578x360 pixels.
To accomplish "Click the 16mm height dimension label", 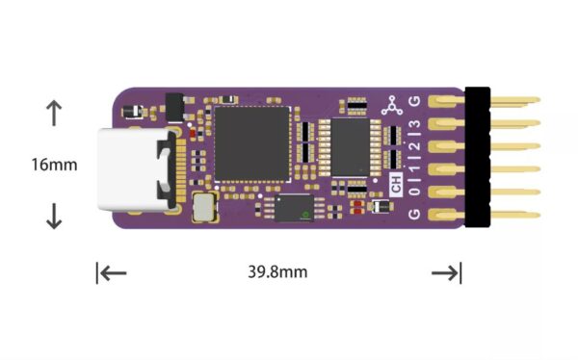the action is click(x=54, y=164).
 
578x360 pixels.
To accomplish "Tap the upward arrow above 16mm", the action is click(x=54, y=114).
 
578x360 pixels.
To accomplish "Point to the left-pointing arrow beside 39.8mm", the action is click(x=113, y=272).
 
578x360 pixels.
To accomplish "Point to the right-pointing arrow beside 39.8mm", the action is click(x=445, y=273).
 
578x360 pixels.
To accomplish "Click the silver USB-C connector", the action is click(x=135, y=170).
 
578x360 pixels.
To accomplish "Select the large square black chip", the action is click(x=251, y=143).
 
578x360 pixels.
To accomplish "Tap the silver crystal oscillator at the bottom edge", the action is click(x=203, y=206).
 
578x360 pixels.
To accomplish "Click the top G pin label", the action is click(x=415, y=102).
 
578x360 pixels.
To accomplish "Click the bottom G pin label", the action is click(x=415, y=213).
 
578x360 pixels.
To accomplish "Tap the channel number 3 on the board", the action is click(x=415, y=126).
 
